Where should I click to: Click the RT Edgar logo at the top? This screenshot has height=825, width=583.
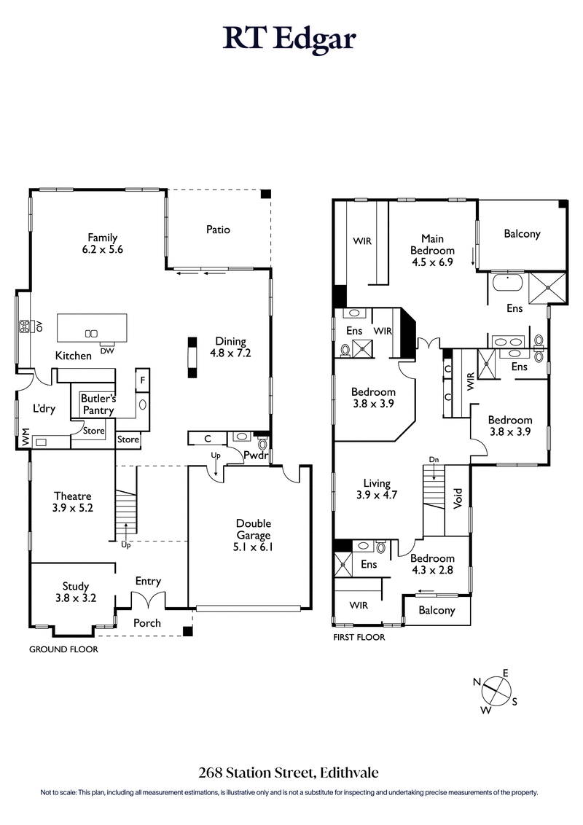(x=290, y=39)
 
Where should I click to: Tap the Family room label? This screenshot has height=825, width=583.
(x=103, y=243)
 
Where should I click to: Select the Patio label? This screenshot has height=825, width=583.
(x=217, y=230)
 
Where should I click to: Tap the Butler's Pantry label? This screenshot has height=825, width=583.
(x=97, y=404)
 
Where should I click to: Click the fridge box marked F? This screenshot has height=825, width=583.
(x=143, y=380)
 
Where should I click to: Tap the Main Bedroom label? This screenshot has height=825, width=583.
(x=437, y=250)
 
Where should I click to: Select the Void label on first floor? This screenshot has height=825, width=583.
(x=458, y=498)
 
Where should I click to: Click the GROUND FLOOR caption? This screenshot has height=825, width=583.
(x=63, y=649)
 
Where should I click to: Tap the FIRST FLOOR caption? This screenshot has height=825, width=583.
(x=358, y=637)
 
